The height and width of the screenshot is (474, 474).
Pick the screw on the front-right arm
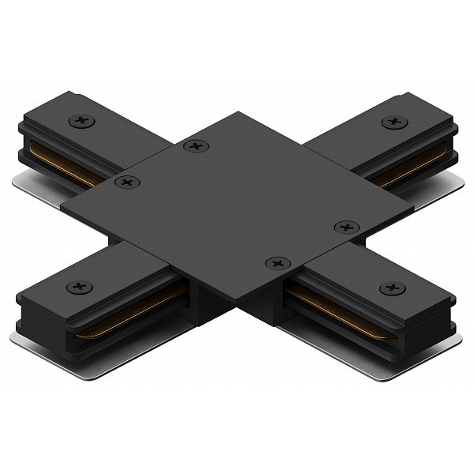click(x=393, y=288)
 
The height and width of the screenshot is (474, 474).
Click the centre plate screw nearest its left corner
click(x=126, y=182)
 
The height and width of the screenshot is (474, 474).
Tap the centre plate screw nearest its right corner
click(x=346, y=228)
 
